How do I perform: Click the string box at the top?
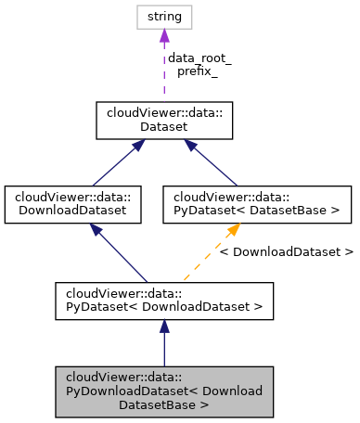click(x=164, y=17)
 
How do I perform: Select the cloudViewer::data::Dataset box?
click(x=164, y=121)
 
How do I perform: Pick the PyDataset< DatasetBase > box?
click(x=257, y=204)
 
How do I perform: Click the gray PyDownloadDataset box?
click(x=164, y=391)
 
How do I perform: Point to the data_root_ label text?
click(x=199, y=58)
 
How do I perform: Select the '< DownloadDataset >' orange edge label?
click(x=292, y=251)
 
